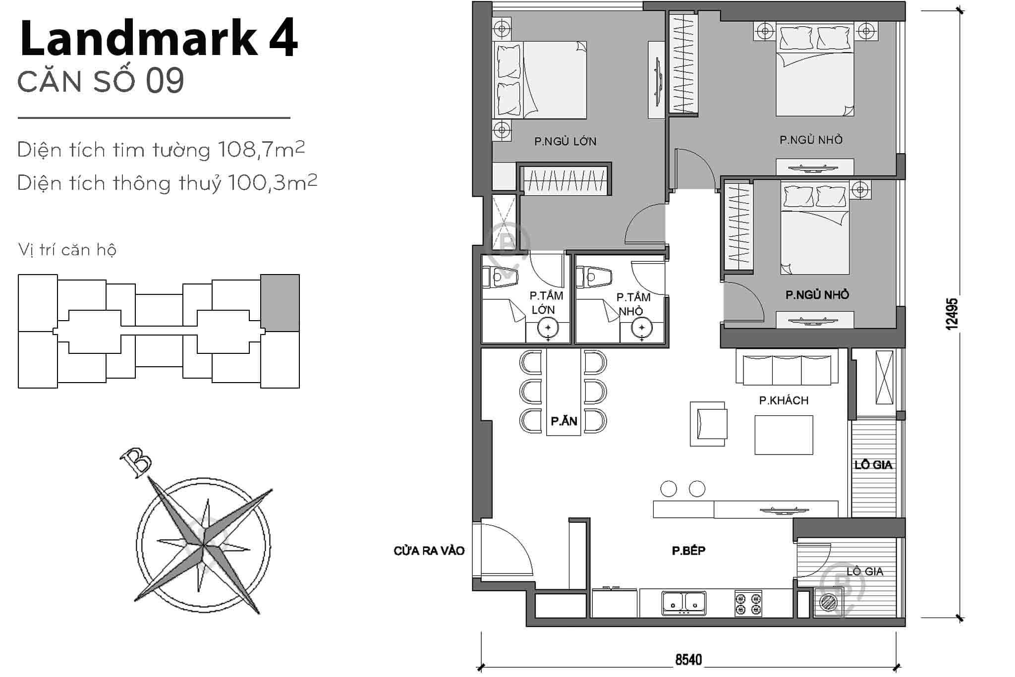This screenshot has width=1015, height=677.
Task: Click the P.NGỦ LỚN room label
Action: pos(565,142)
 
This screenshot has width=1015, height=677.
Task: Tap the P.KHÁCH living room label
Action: pos(784,400)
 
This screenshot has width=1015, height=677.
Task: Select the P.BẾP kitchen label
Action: pos(688,551)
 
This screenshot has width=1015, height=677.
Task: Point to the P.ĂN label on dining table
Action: pos(564,421)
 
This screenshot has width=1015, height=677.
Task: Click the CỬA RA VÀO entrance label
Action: pos(429,551)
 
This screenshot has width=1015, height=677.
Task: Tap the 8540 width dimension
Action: pos(688,660)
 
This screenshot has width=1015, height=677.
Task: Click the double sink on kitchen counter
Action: pos(684,603)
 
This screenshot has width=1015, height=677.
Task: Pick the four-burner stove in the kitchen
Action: pos(748,603)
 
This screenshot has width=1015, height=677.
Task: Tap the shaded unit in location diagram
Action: pos(280,303)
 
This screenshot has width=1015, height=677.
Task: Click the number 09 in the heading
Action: pos(165,81)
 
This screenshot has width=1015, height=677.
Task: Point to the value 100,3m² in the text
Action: pos(272,183)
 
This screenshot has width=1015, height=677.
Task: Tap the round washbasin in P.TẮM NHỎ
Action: pos(641,328)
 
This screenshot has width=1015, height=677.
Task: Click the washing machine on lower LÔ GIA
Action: pos(828,602)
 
